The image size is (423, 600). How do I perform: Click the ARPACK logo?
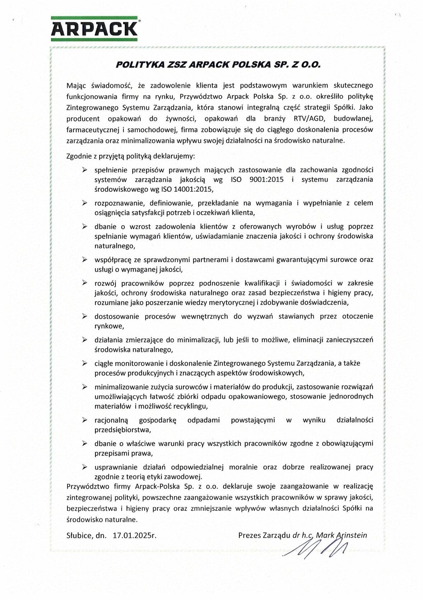[x=94, y=28]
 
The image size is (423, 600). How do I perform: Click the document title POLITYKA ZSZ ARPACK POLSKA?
[x=218, y=65]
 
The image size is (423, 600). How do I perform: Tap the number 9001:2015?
[x=266, y=179]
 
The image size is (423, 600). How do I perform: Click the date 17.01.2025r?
[x=135, y=535]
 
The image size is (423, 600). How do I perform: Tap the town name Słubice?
[x=79, y=535]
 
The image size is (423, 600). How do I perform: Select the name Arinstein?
[x=351, y=535]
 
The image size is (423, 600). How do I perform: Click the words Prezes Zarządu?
[x=264, y=535]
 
